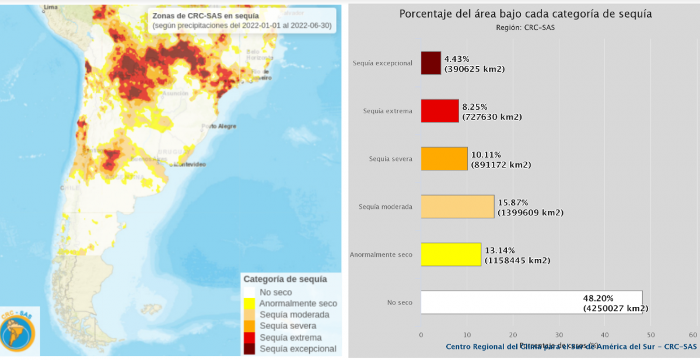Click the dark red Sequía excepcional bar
[x=430, y=63]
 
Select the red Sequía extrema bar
[x=440, y=111]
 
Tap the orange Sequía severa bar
[x=444, y=158]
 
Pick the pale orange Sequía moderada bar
[x=457, y=206]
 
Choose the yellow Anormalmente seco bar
[x=451, y=254]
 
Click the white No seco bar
[x=531, y=302]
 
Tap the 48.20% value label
[x=596, y=298]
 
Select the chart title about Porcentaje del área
[x=526, y=14]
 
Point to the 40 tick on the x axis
[x=604, y=335]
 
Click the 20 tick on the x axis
[x=513, y=335]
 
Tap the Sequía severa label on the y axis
[x=391, y=159]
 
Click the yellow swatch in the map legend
[x=249, y=303]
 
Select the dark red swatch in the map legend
[x=249, y=349]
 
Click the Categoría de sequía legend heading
[x=285, y=279]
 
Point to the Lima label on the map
[x=51, y=6]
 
